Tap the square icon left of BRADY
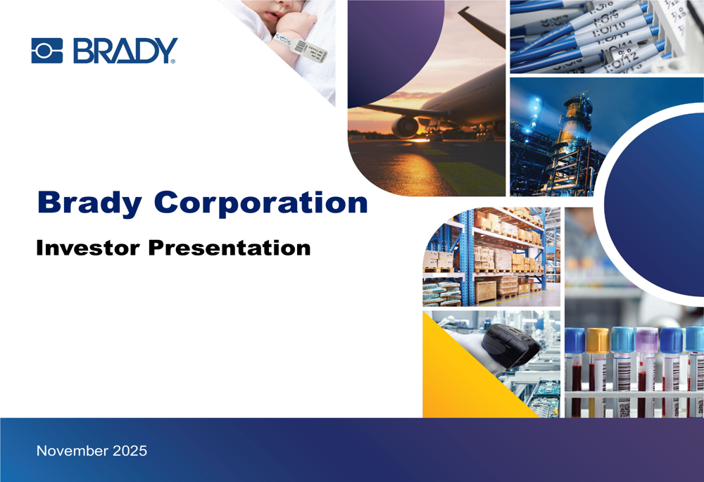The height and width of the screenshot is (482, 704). tap(47, 51)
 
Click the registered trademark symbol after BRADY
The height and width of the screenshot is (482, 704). tap(173, 62)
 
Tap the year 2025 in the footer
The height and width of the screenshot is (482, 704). tap(130, 451)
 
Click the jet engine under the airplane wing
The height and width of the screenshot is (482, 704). tap(406, 127)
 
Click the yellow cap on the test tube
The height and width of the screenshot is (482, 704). tap(597, 340)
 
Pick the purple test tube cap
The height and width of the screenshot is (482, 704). tap(646, 340)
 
